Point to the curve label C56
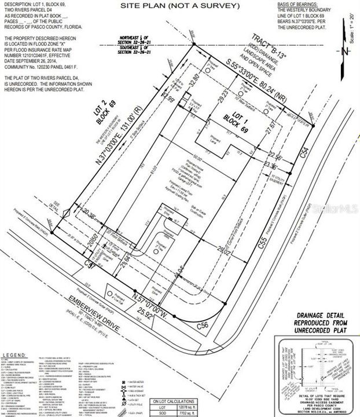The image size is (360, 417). click(x=203, y=325)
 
